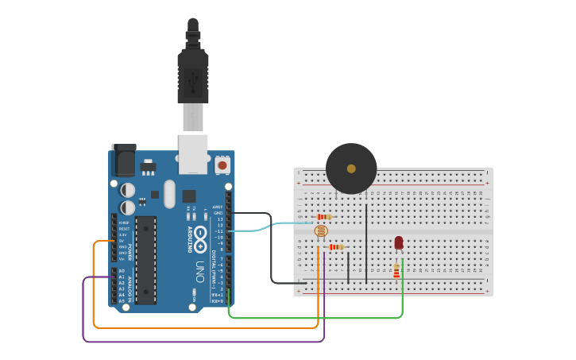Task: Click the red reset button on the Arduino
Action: point(222,165)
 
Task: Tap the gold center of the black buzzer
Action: point(351,168)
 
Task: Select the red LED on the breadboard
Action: point(398,242)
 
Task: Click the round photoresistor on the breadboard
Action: point(320,231)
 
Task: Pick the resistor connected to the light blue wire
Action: point(323,217)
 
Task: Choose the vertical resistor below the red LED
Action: point(396,272)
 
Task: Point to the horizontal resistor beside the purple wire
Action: point(337,247)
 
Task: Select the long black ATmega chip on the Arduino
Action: point(145,260)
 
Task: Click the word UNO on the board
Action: point(200,271)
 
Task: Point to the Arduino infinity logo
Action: point(200,238)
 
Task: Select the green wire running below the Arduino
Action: point(318,318)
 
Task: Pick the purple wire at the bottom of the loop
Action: point(199,342)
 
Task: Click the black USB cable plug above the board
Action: point(192,75)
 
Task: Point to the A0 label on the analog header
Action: point(122,271)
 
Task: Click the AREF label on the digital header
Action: point(217,206)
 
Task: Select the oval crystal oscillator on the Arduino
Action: point(169,194)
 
